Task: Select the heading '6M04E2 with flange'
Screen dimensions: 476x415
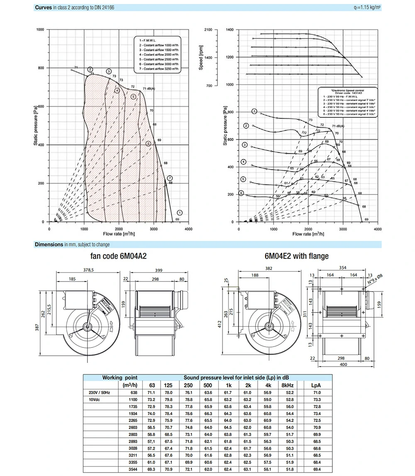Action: (x=296, y=256)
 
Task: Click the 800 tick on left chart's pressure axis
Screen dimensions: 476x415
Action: (x=41, y=68)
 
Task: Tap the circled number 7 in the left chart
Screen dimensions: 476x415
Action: (x=169, y=178)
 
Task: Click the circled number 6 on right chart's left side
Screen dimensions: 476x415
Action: (x=241, y=193)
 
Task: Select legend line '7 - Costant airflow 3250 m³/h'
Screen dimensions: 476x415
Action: (x=159, y=69)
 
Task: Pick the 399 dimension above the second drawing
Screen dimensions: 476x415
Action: (x=159, y=270)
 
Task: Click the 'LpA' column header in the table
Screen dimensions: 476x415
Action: (x=316, y=385)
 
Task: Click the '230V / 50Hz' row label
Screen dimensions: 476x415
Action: (x=99, y=392)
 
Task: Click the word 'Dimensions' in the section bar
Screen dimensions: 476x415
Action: (x=49, y=244)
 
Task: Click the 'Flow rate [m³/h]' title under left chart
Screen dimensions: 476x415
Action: (x=118, y=234)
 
